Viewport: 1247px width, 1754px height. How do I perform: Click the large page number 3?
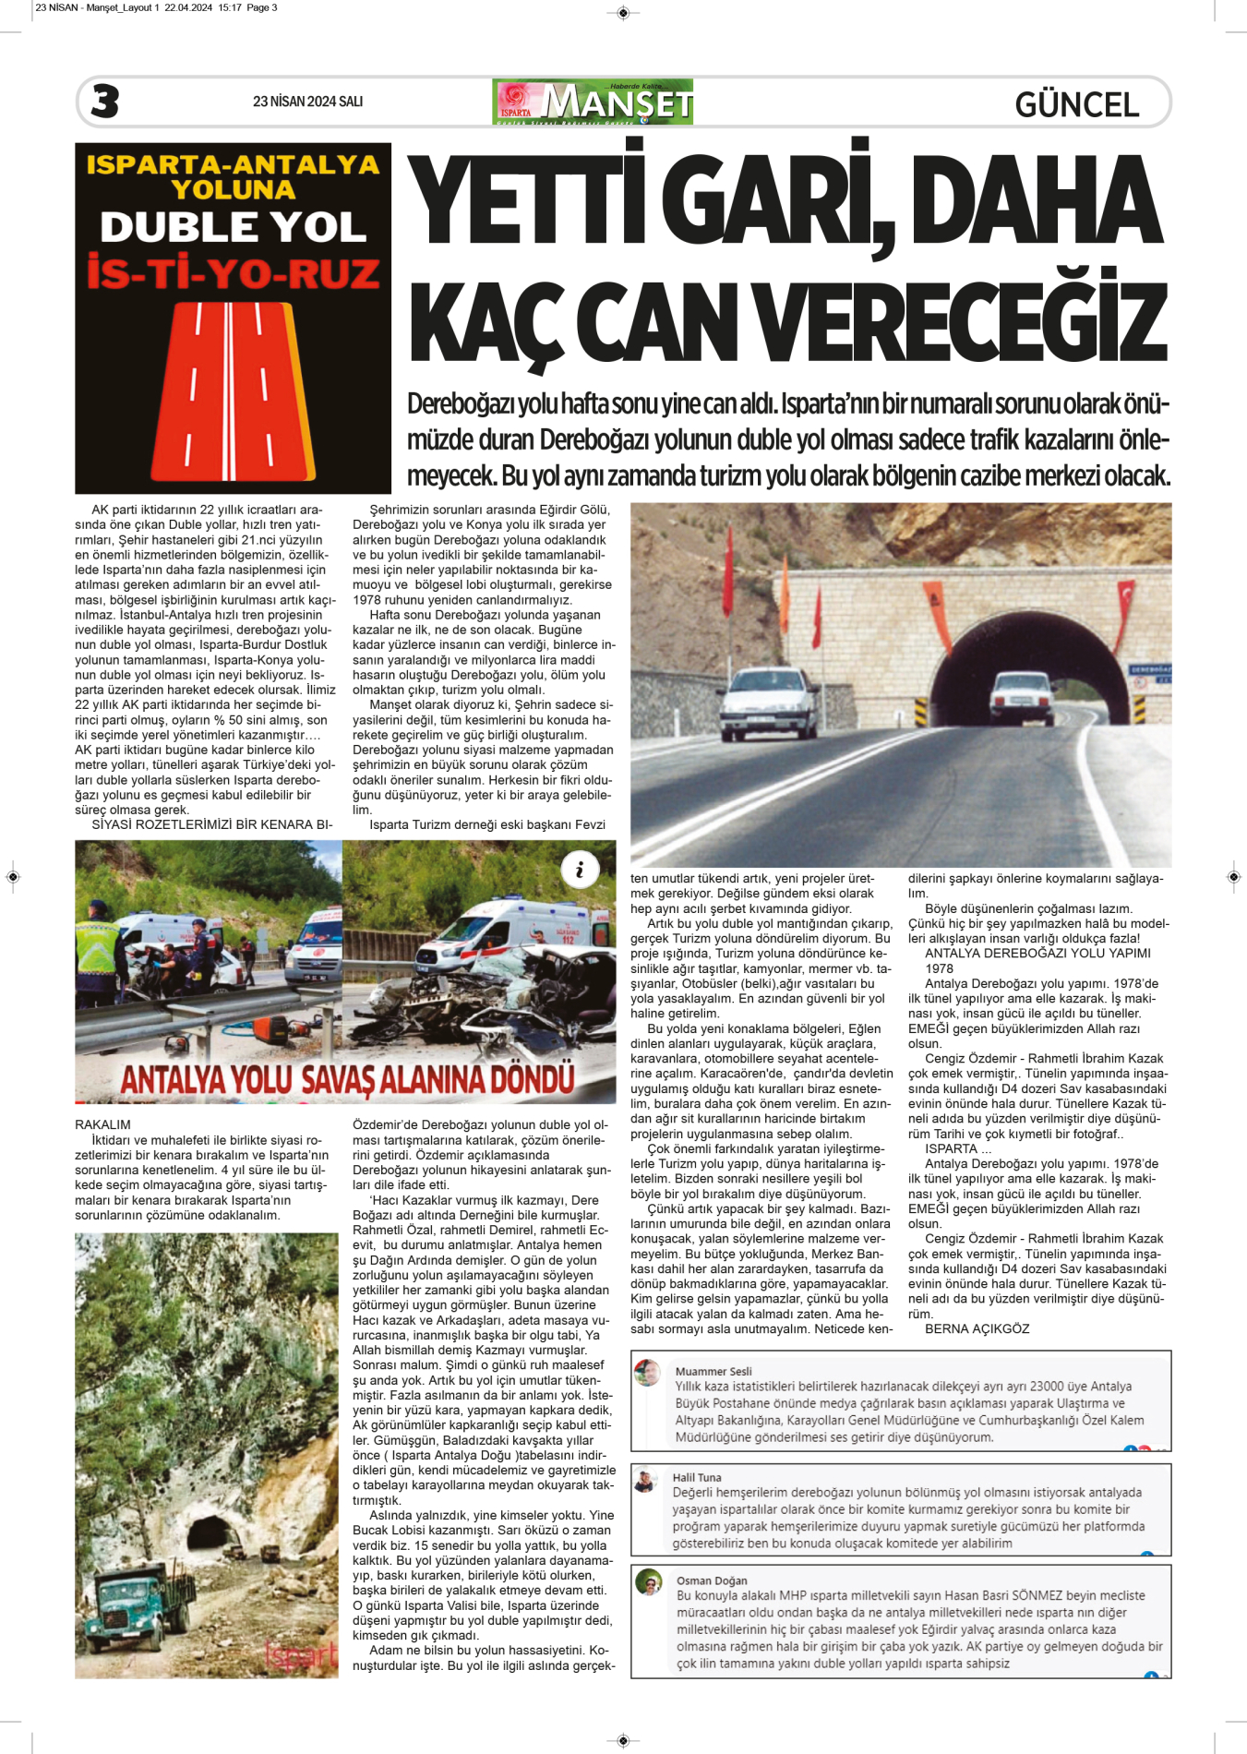(x=105, y=102)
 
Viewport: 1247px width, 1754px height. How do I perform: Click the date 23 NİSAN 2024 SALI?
(x=307, y=102)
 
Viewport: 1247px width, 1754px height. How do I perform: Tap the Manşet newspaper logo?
(x=593, y=102)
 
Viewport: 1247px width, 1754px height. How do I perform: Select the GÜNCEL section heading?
(x=1076, y=104)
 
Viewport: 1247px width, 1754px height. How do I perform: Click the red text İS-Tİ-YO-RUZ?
(x=233, y=273)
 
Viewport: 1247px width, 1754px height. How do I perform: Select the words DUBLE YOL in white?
(x=233, y=227)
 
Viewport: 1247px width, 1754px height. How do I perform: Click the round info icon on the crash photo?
(x=580, y=870)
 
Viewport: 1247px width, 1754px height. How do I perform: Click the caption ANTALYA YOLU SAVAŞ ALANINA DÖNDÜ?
(x=347, y=1079)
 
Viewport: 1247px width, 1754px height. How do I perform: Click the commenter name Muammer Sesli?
(x=713, y=1371)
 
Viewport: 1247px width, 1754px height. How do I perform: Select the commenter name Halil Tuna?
(x=697, y=1477)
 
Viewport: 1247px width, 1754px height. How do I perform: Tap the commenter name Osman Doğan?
(x=712, y=1580)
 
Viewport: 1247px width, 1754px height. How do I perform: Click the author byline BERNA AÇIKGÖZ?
(x=977, y=1328)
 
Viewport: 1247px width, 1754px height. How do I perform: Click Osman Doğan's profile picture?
(x=649, y=1581)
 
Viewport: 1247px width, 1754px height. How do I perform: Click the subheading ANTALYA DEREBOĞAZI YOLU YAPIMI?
(x=1037, y=953)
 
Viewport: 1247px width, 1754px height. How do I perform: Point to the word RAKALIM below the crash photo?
(x=102, y=1124)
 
